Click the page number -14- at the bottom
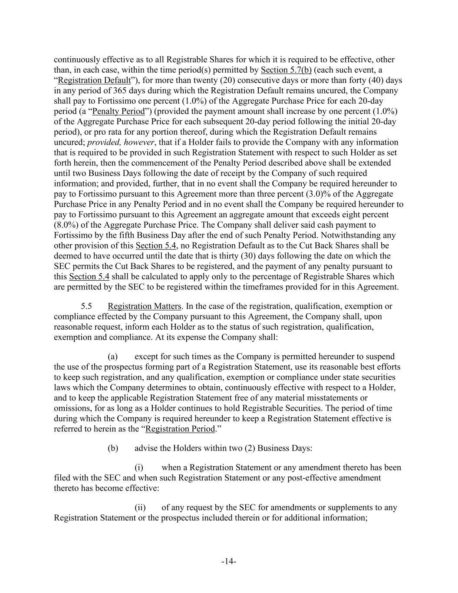[229, 562]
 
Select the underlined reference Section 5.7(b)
[286, 70]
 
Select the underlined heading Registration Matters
[145, 306]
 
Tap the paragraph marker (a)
[113, 357]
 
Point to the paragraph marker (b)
[113, 448]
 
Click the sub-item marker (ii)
[141, 507]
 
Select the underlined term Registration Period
[180, 429]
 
